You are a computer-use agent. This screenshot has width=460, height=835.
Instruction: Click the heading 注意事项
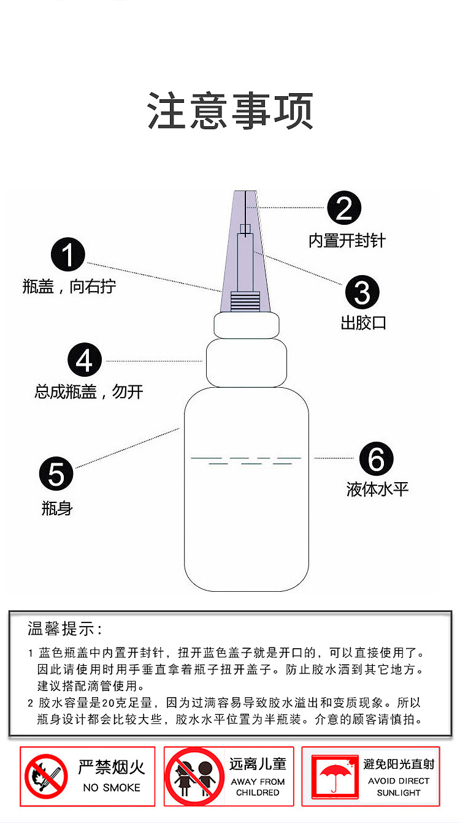[x=230, y=111]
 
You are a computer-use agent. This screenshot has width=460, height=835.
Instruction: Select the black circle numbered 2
[x=344, y=209]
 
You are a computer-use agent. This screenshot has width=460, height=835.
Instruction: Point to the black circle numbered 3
[x=362, y=292]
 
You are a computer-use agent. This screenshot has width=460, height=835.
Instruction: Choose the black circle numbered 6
[x=376, y=459]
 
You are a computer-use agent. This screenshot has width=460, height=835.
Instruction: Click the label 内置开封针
[x=347, y=241]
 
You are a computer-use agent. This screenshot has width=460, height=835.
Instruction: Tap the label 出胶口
[x=363, y=323]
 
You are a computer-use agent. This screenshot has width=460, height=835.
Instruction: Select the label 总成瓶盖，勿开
[x=88, y=391]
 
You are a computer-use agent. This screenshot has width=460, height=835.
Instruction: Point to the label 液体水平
[x=377, y=489]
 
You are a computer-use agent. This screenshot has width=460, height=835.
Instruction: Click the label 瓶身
[x=57, y=508]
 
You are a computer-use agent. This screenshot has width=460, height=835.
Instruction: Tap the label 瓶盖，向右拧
[x=69, y=287]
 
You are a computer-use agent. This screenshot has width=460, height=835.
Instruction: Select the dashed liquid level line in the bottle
[x=245, y=459]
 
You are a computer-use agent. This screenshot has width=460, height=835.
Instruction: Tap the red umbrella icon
[x=334, y=776]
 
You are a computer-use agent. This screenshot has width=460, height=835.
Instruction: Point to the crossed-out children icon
[x=194, y=776]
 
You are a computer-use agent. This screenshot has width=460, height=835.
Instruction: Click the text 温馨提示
[x=64, y=629]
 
